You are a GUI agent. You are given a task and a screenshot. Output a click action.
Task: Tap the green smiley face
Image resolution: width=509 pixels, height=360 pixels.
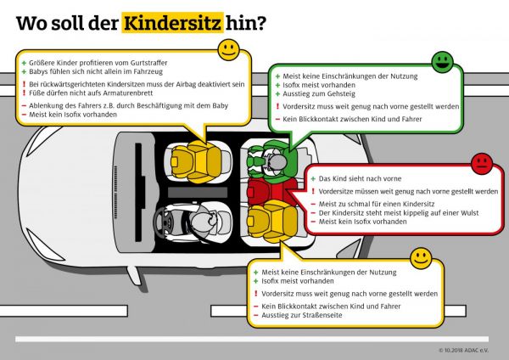[442, 61]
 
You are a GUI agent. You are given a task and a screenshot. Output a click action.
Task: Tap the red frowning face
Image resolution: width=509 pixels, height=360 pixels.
[481, 161]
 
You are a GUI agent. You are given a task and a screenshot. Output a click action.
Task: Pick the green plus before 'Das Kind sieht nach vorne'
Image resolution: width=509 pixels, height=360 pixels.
[310, 180]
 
